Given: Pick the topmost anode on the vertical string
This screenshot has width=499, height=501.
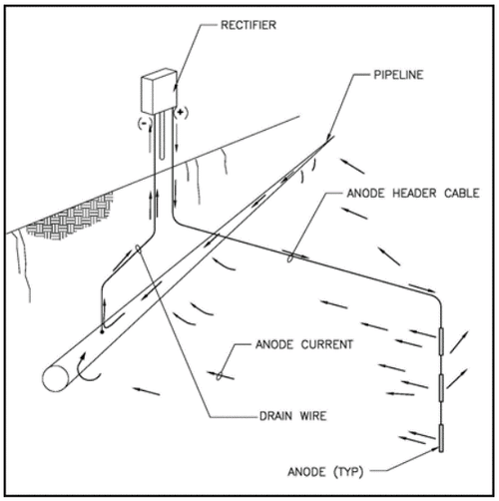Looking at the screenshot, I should click(x=439, y=340).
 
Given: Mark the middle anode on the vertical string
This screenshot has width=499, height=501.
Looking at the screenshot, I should click(x=439, y=387).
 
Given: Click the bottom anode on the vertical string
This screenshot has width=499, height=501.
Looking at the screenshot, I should click(x=439, y=436).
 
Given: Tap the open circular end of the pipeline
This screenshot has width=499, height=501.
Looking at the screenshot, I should click(x=56, y=377).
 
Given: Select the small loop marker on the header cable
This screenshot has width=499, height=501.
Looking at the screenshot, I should click(x=290, y=255).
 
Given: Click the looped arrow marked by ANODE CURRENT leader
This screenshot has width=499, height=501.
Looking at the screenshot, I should click(x=217, y=376).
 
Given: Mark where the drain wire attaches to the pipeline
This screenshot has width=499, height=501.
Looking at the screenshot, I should click(x=101, y=324).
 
